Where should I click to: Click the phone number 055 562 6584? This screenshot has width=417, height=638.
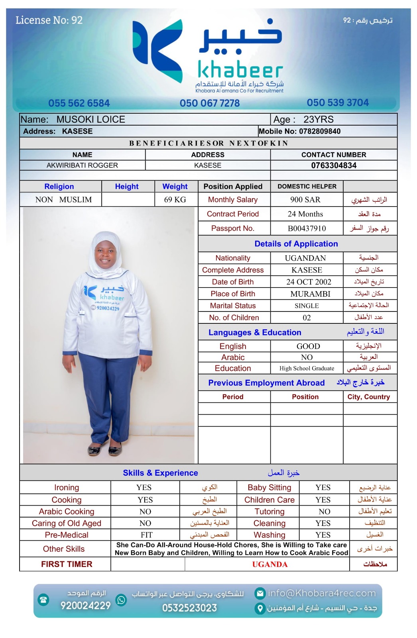pyautogui.click(x=79, y=103)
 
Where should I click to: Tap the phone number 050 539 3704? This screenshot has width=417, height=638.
pyautogui.click(x=338, y=102)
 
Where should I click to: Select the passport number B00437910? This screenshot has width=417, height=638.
pyautogui.click(x=307, y=228)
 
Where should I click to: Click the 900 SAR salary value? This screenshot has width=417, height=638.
pyautogui.click(x=305, y=200)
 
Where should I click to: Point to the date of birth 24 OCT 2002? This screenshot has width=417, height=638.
pyautogui.click(x=309, y=282)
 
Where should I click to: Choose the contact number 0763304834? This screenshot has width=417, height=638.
pyautogui.click(x=334, y=165)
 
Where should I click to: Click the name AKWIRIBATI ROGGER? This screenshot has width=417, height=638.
pyautogui.click(x=82, y=165)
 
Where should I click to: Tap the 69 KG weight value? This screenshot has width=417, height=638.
pyautogui.click(x=175, y=200)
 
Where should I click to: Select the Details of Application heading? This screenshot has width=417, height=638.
pyautogui.click(x=296, y=244)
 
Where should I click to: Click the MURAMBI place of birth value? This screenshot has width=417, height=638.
pyautogui.click(x=310, y=294)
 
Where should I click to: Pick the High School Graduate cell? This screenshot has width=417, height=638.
pyautogui.click(x=307, y=368)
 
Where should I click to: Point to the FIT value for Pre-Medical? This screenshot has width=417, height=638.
pyautogui.click(x=146, y=535)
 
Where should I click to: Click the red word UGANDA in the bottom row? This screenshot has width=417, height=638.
pyautogui.click(x=269, y=564)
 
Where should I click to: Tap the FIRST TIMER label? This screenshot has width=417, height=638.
pyautogui.click(x=67, y=564)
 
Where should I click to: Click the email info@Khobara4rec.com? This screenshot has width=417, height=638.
pyautogui.click(x=321, y=593)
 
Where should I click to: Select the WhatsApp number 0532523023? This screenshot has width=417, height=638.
pyautogui.click(x=189, y=608)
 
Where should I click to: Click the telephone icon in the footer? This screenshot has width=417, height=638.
pyautogui.click(x=43, y=599)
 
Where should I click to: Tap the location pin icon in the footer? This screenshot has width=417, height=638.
pyautogui.click(x=260, y=608)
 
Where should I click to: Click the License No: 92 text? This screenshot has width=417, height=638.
pyautogui.click(x=49, y=20)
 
